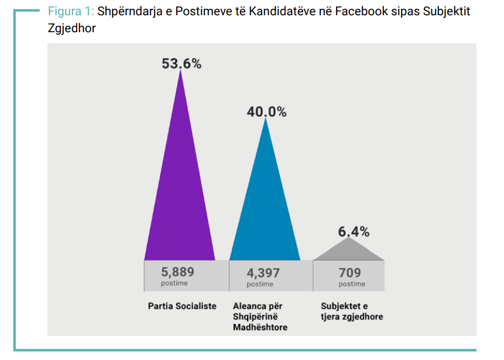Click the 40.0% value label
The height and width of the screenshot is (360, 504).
(266, 112)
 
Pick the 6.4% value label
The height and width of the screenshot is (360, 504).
(354, 232)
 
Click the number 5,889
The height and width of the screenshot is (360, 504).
(178, 272)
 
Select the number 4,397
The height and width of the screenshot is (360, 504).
(263, 273)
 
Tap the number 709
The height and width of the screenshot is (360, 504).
(350, 273)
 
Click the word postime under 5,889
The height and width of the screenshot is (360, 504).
(174, 284)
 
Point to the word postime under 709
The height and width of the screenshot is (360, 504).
(352, 284)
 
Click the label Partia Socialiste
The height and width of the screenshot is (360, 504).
(182, 306)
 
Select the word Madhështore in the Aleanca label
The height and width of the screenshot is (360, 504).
(260, 327)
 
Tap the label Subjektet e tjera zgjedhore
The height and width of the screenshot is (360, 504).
(352, 311)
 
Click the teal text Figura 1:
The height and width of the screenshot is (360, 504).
(70, 12)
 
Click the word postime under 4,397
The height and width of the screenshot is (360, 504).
(260, 284)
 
